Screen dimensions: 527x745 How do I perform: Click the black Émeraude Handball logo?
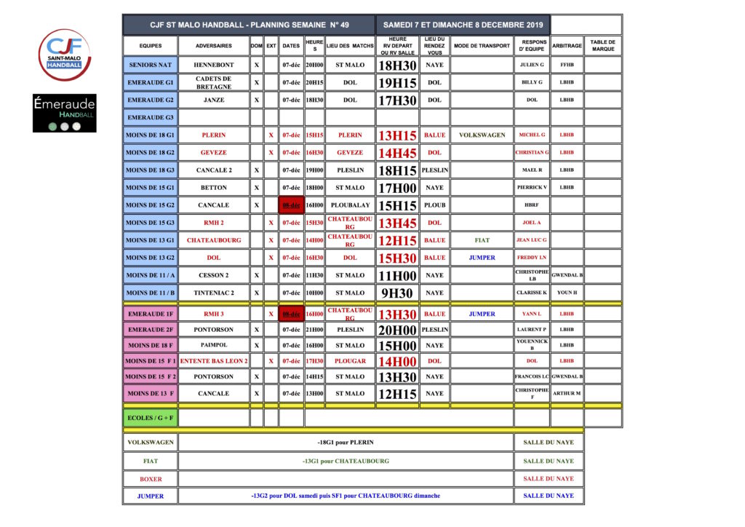[x=64, y=113]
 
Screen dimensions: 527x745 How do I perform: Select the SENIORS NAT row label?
[x=150, y=65]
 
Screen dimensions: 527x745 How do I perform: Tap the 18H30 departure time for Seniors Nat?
[x=397, y=65]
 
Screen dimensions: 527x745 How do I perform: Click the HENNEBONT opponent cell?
[x=214, y=65]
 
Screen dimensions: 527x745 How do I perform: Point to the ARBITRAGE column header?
[x=567, y=45]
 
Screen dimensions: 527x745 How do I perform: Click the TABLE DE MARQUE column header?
[x=603, y=45]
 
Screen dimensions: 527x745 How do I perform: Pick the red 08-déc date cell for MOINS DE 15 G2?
[x=291, y=205]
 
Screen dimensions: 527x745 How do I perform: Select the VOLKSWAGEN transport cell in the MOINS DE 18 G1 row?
[x=482, y=135]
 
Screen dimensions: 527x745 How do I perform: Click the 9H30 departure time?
[x=397, y=293]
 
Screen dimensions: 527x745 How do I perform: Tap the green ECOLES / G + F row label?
[x=150, y=418]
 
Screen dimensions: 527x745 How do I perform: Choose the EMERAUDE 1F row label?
[x=150, y=314]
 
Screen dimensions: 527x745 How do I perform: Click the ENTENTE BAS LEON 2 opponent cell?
[x=214, y=360]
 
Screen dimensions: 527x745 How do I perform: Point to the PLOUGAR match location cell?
[x=350, y=360]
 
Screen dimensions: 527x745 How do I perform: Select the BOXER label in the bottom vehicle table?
[x=151, y=479]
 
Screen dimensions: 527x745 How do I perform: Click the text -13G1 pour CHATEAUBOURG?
[x=346, y=461]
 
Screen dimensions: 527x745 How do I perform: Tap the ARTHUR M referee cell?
[x=567, y=393]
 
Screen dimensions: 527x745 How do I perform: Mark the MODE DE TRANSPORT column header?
[x=482, y=45]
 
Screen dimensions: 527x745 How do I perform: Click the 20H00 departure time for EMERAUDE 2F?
[x=397, y=329]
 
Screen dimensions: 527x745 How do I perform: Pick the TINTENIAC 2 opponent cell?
[x=214, y=293]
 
